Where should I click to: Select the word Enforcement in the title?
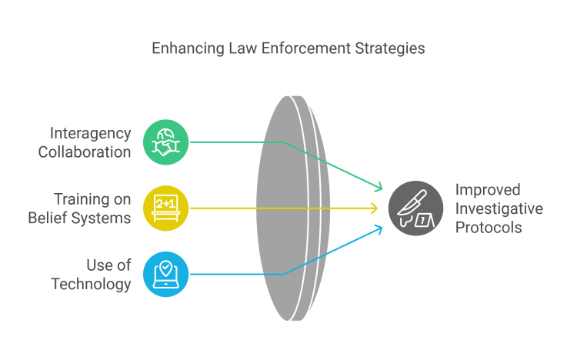click(305, 48)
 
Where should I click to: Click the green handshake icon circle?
click(165, 142)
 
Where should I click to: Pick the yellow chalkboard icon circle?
click(165, 208)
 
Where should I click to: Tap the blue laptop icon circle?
click(165, 275)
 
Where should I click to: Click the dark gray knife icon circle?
click(415, 208)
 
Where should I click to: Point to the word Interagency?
click(90, 134)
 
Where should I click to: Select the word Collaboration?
click(85, 152)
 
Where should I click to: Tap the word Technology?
click(91, 285)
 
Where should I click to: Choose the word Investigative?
click(499, 209)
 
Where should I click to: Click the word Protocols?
click(489, 228)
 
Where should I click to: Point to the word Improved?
click(488, 190)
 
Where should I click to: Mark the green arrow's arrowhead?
click(379, 188)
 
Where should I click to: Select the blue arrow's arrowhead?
click(379, 228)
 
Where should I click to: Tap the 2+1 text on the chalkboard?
click(165, 204)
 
